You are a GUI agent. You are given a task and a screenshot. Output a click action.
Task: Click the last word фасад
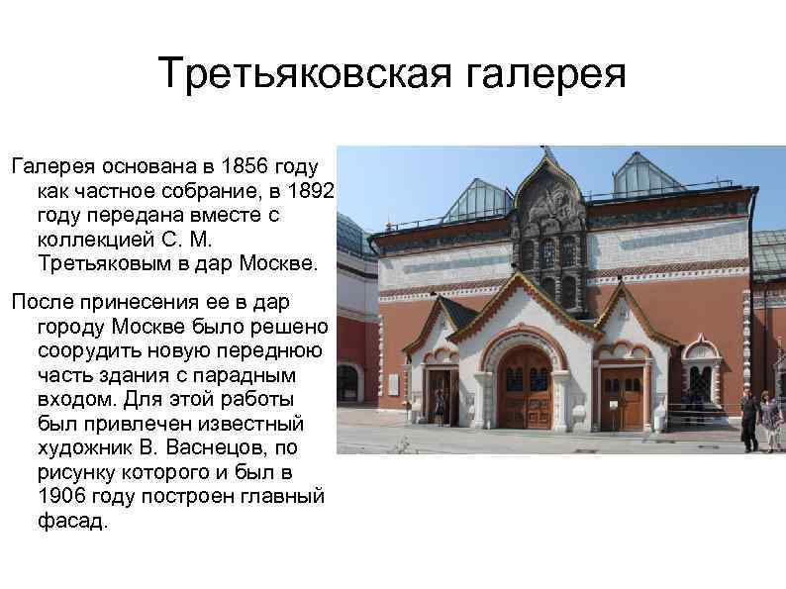(x=71, y=522)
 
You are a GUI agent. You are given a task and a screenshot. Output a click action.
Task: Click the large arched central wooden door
(x=524, y=388)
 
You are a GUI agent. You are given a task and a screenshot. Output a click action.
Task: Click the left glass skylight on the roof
(x=477, y=202)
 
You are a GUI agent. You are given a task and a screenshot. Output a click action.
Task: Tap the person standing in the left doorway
(x=440, y=406)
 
